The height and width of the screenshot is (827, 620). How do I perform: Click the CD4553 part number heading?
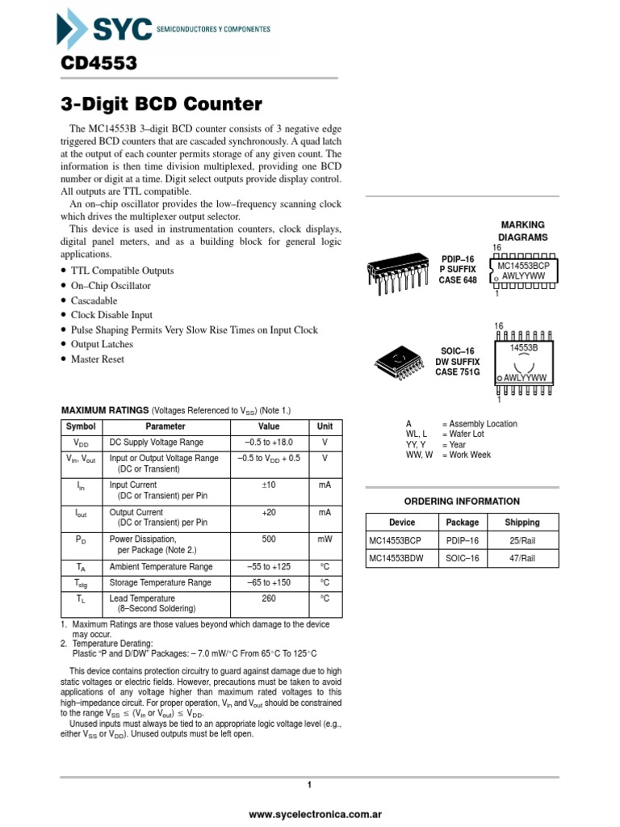click(98, 63)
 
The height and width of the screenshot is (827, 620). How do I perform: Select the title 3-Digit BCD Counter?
click(161, 104)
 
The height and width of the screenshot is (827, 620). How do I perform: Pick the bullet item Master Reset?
click(97, 359)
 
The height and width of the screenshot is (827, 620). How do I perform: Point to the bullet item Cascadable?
click(94, 300)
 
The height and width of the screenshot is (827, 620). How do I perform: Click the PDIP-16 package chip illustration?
click(396, 275)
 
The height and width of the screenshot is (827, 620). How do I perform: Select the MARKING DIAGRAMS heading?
click(523, 231)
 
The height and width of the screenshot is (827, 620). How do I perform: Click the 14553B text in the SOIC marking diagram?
click(524, 346)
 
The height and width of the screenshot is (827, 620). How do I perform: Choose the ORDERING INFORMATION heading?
click(462, 502)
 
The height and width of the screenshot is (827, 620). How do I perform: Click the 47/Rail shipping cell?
click(522, 558)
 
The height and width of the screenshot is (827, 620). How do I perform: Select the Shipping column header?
click(522, 523)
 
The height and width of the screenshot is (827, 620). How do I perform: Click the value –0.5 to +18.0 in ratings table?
click(269, 443)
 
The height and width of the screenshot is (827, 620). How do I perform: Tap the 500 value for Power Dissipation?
click(269, 539)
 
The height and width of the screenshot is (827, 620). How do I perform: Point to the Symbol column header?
click(81, 426)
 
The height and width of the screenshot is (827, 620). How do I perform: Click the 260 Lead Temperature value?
click(269, 598)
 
